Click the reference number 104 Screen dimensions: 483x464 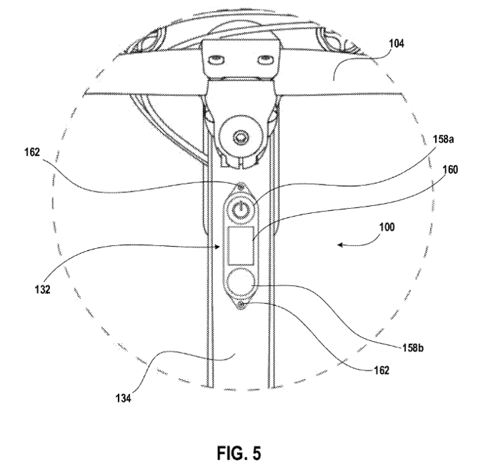[x=397, y=44]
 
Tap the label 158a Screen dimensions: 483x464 [x=444, y=139]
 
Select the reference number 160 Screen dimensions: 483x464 [x=450, y=169]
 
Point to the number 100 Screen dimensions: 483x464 [x=387, y=227]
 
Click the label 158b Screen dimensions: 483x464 [x=413, y=347]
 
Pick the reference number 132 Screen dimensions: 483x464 [x=42, y=290]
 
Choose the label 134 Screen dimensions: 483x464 [x=123, y=399]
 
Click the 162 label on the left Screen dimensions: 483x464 [x=32, y=152]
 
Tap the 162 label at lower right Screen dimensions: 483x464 [x=382, y=370]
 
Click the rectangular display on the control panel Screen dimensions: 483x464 [x=241, y=245]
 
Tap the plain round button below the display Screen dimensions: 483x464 [x=241, y=282]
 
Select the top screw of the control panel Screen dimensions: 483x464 [x=241, y=186]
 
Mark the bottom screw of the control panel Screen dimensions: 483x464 [x=241, y=305]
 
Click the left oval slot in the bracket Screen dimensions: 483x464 [x=216, y=60]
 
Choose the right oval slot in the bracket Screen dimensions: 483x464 [x=265, y=60]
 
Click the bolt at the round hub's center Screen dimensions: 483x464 [x=240, y=137]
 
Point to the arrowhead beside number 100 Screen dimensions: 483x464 [x=340, y=245]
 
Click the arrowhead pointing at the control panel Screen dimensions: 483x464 [x=217, y=247]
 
